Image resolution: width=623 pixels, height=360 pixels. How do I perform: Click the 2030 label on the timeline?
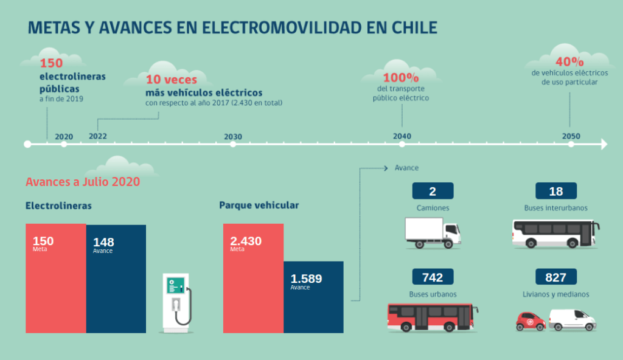coord(233,136)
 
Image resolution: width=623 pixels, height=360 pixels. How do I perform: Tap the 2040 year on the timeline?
coord(402,136)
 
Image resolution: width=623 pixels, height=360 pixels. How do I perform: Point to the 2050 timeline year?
coord(571,136)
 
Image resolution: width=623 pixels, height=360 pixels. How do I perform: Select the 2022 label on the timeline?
coord(97,136)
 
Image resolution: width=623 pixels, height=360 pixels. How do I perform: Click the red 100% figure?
coord(401,78)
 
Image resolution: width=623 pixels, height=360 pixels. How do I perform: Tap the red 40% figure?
coord(569,61)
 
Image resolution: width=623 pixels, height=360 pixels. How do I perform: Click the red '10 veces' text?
coord(170,80)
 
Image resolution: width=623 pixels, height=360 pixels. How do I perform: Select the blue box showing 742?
coord(433,277)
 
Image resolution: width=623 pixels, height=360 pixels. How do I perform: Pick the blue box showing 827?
coord(555,277)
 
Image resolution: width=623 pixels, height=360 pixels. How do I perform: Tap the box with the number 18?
coord(555,191)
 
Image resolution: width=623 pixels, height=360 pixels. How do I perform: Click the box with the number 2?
coord(433,191)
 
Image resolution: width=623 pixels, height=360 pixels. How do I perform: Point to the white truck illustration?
coord(433,233)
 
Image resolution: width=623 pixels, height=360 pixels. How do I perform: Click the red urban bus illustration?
coord(433,317)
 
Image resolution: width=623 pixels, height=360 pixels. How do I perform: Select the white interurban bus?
coord(555,234)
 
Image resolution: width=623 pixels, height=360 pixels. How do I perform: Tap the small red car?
coord(531,320)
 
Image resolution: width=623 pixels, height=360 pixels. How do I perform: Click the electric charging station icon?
coord(177,302)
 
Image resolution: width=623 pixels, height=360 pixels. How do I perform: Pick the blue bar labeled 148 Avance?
coord(116,279)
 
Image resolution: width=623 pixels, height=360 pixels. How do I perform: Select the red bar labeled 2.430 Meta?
coord(253,279)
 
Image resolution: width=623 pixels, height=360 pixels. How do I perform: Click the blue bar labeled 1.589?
coord(313,297)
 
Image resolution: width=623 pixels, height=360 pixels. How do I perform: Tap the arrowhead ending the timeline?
coord(604,144)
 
